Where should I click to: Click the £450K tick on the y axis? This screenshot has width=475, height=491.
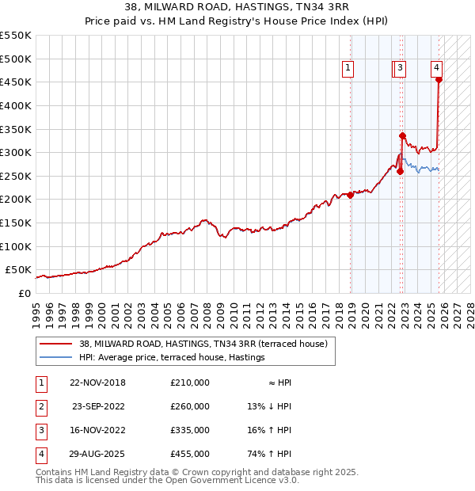[x=16, y=82]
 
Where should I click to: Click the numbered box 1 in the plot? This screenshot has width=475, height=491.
[x=348, y=69]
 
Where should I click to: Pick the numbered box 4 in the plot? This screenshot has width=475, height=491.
[x=437, y=69]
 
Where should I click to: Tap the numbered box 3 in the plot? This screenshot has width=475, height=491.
[x=401, y=69]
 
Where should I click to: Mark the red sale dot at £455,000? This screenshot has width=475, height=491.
[x=439, y=79]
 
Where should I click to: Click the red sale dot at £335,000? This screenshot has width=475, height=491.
[x=402, y=135]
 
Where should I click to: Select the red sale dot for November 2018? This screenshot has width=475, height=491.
[x=351, y=195]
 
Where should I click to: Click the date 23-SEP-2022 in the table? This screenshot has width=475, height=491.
[x=97, y=406]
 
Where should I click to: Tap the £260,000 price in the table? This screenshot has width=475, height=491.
[x=190, y=406]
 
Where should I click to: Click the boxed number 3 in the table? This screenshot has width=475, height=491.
[x=39, y=430]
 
